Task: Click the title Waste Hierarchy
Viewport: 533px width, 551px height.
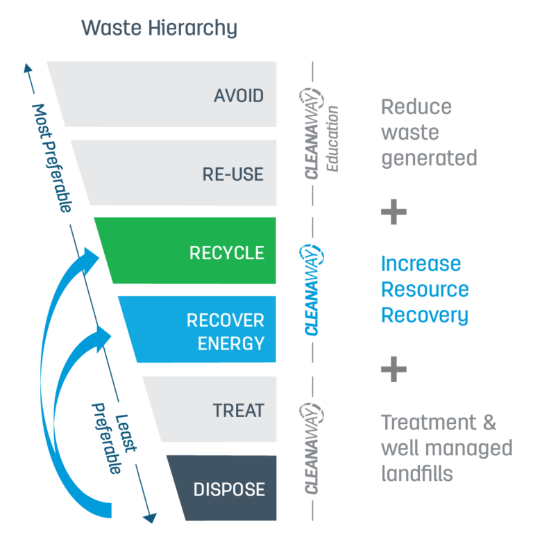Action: click(x=159, y=28)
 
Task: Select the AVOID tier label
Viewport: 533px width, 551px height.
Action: click(x=239, y=95)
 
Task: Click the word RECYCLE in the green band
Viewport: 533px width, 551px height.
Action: click(x=227, y=252)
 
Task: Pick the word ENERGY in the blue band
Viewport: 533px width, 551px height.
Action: click(x=231, y=343)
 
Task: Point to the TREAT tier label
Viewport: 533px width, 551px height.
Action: click(x=238, y=410)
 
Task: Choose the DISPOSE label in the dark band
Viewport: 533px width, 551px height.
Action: click(x=229, y=489)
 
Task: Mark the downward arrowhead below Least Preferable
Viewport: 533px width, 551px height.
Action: click(x=149, y=516)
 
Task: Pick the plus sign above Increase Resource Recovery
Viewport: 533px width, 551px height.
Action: click(x=394, y=211)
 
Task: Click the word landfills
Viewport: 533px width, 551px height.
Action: click(x=416, y=473)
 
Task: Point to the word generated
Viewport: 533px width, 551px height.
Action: click(x=429, y=158)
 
